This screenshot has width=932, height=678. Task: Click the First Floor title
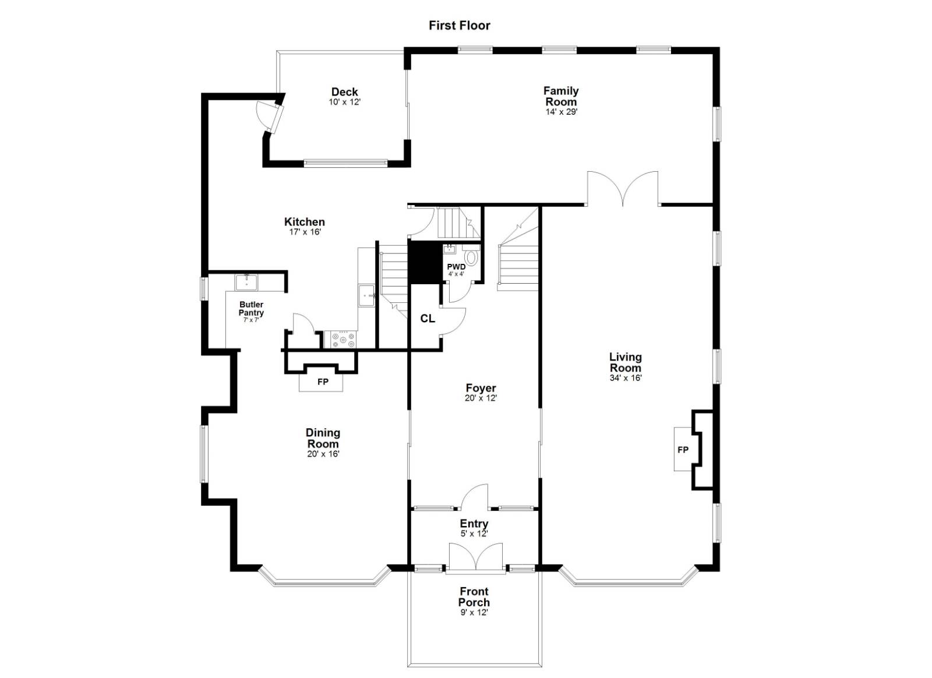459,25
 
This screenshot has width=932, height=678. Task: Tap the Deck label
344,91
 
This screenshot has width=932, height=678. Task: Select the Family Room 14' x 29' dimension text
561,112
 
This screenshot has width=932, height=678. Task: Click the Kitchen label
304,221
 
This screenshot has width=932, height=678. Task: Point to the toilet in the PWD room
471,257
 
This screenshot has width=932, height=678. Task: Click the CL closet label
427,318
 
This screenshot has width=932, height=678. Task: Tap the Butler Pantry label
251,309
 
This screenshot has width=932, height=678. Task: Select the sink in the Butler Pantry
246,282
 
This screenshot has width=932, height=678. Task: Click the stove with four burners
343,339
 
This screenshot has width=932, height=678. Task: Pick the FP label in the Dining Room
322,382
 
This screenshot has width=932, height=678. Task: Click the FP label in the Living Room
683,450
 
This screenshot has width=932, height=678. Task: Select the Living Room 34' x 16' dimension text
625,378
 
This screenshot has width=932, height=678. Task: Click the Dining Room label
323,438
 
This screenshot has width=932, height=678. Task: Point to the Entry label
474,524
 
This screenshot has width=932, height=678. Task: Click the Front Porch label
474,597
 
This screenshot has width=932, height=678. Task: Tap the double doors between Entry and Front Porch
475,557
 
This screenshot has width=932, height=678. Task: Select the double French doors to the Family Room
623,188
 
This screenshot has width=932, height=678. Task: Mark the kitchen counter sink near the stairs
367,295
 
